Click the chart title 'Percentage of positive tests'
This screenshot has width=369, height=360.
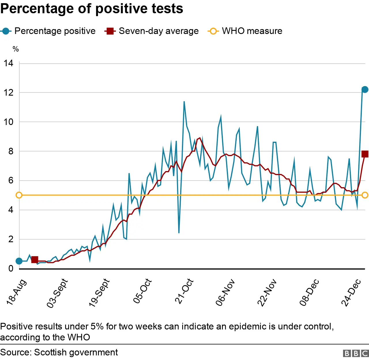(x=92, y=9)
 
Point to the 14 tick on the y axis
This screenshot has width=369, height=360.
(x=9, y=63)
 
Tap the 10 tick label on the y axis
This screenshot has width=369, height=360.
(x=9, y=122)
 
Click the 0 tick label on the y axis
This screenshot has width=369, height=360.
(x=11, y=268)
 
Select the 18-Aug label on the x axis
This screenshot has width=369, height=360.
(x=16, y=292)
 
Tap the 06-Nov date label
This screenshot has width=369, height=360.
(x=225, y=292)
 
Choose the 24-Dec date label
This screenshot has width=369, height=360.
(x=351, y=292)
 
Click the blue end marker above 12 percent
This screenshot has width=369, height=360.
(x=365, y=90)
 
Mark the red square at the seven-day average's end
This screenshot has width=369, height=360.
(x=365, y=154)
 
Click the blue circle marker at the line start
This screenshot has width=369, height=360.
(x=19, y=261)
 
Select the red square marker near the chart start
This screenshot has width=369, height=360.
(x=35, y=259)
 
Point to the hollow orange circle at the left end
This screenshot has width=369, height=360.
(x=19, y=195)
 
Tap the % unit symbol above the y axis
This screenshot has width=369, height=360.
(x=16, y=49)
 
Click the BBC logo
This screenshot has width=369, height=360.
(x=356, y=353)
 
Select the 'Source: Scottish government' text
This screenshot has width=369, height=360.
(x=59, y=352)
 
